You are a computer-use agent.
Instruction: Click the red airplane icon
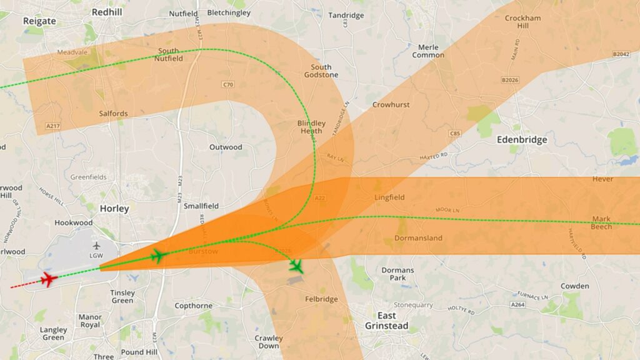pos(48,279)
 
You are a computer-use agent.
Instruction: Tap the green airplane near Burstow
pos(157,256)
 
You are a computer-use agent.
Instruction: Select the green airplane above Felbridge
pos(296,266)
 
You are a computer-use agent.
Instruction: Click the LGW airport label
pos(96,255)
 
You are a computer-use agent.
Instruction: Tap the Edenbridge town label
pos(522,139)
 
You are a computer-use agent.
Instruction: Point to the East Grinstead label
pos(387,321)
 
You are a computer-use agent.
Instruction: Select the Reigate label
pos(39,21)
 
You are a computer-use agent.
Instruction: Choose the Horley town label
pos(114,209)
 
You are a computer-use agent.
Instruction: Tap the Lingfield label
pos(389,197)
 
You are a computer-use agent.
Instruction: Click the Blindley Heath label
pos(311,127)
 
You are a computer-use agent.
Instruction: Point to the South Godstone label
pos(321,71)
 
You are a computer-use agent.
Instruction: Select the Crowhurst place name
pos(391,104)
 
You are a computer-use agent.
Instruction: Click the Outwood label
pos(226,147)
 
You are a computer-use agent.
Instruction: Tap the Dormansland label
pos(419,238)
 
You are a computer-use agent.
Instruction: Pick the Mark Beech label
pos(602,222)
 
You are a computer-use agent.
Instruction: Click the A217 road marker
pos(53,126)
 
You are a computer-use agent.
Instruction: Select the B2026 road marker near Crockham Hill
pos(511,80)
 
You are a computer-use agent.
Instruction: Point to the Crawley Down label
pos(269,342)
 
